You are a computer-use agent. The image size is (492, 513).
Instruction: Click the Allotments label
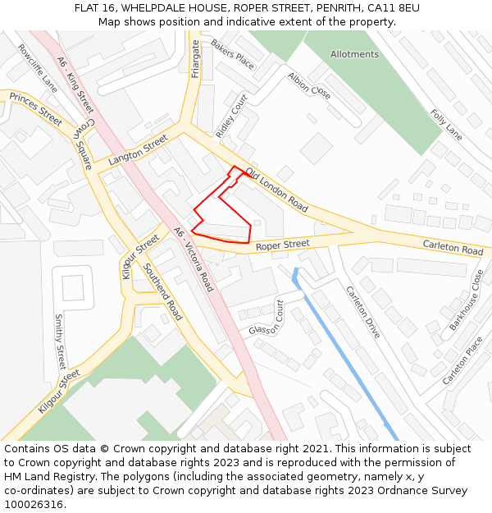pos(354,54)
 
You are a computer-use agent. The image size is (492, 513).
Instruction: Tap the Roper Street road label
pos(282,245)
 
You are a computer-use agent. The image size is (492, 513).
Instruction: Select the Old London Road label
pos(276,190)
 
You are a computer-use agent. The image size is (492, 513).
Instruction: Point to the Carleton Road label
pos(453,247)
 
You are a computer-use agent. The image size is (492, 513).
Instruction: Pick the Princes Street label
pos(35,108)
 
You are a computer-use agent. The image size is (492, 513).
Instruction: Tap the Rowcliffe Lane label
pos(38,68)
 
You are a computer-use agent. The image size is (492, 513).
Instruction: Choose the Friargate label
pos(195,58)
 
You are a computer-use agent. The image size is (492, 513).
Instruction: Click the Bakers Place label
pos(232,53)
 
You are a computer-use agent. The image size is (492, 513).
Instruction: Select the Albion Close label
pos(308,86)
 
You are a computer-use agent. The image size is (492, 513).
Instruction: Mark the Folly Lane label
pos(446,123)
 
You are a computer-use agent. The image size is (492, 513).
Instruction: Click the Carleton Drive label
pos(362,312)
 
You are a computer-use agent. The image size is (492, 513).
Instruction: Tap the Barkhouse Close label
pos(467,300)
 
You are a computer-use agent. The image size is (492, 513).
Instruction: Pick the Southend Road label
pos(162,291)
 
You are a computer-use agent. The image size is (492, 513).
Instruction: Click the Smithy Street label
pos(59,341)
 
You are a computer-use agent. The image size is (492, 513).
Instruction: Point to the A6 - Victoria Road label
pos(194,259)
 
